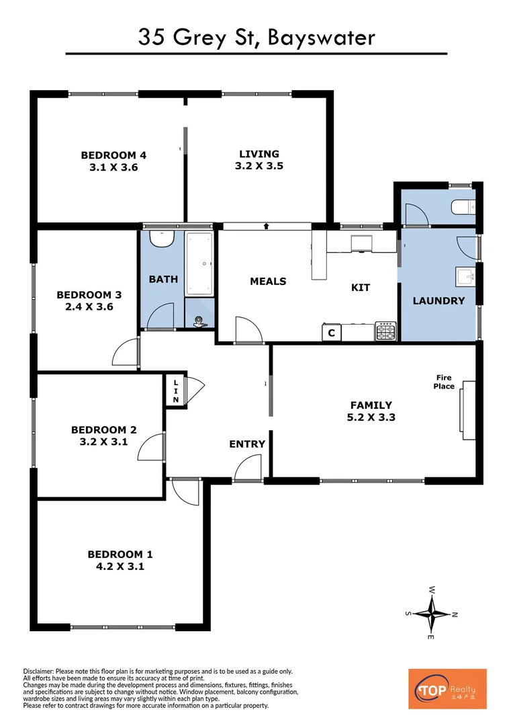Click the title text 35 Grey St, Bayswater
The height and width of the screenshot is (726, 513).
pos(256,37)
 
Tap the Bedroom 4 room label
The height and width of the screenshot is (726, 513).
pos(113,155)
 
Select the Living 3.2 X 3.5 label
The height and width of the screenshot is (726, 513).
pos(259,154)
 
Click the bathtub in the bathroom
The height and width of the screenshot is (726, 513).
pos(199,264)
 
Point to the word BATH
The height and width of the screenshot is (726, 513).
pos(163,278)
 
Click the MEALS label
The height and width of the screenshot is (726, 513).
pos(268,281)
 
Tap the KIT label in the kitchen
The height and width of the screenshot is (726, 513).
pos(361,287)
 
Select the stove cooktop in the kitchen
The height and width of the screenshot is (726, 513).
pos(386,331)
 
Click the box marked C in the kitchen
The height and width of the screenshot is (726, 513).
pos(332,332)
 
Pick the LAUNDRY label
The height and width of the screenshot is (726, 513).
pos(438,300)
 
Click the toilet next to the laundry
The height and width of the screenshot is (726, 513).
pos(463,206)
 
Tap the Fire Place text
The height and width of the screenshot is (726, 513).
pos(444,382)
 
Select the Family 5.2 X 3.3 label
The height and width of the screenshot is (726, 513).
pos(371,405)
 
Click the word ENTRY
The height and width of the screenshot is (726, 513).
pos(247,444)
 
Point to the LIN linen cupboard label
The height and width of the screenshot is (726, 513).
pos(176,391)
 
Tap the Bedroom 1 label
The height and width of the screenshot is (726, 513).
pos(120,555)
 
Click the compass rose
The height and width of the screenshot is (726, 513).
pos(432,612)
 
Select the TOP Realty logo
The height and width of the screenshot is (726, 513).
pos(447,688)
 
